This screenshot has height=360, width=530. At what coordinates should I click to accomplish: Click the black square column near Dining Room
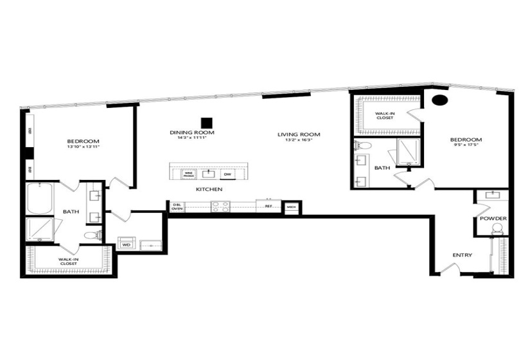tap(206, 122)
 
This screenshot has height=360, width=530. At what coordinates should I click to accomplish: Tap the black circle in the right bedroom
tap(439, 100)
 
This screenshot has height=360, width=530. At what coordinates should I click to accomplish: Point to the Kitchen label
tap(209, 190)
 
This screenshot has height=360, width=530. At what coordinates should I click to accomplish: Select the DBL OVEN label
tap(177, 206)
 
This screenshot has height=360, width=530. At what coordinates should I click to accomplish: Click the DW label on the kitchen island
tap(227, 174)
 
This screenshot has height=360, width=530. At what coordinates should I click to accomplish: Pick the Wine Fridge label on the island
tap(188, 174)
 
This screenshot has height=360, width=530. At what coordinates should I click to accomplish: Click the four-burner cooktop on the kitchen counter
tap(220, 206)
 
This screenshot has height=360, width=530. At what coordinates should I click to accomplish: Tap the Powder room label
tap(493, 219)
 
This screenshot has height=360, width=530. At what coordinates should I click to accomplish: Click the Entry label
tap(462, 255)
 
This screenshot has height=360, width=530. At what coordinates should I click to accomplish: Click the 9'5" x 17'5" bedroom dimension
tap(466, 146)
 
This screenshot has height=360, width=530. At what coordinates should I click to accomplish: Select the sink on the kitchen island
tap(209, 173)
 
